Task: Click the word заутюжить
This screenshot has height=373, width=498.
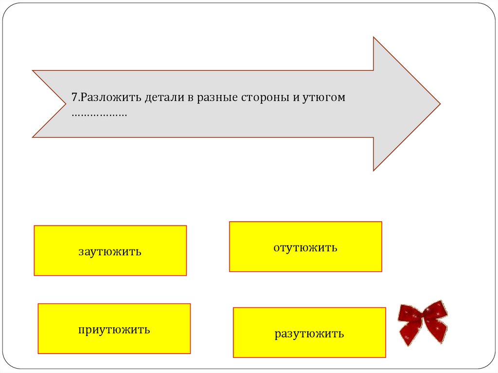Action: (110, 252)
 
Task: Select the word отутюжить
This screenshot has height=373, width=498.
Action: (305, 248)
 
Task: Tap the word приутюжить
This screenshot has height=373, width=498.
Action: (114, 330)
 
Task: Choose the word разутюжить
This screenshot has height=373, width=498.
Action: (309, 334)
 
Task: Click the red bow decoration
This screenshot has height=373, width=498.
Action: (422, 322)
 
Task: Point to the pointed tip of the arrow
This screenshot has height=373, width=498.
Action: (439, 104)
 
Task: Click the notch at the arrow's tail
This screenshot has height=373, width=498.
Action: (65, 104)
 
